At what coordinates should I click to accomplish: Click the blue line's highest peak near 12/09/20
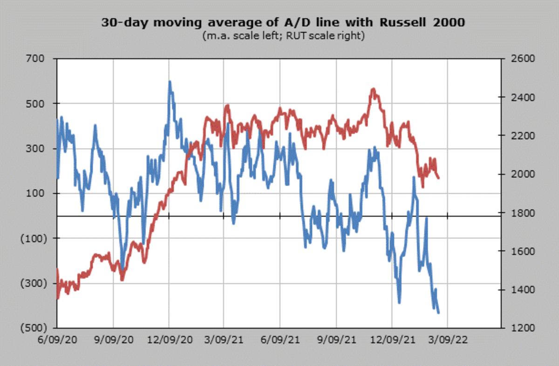(x=170, y=82)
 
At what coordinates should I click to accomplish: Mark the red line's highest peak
(x=373, y=89)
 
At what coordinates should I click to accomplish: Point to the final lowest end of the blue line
(x=438, y=312)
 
